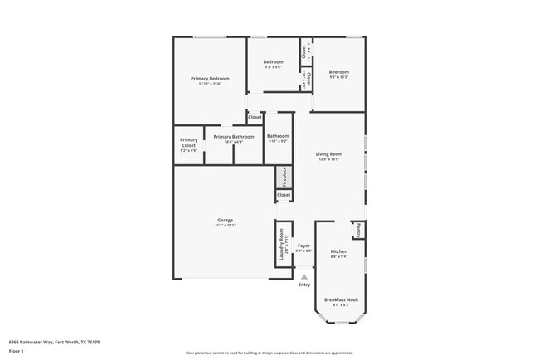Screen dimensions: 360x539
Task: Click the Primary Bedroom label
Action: click(x=209, y=78)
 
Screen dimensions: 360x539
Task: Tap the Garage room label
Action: click(x=220, y=219)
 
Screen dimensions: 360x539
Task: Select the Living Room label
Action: click(x=329, y=154)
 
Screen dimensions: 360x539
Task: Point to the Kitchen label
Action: click(x=339, y=251)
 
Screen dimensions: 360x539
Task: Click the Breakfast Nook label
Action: click(x=342, y=299)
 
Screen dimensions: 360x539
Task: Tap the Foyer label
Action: click(x=304, y=246)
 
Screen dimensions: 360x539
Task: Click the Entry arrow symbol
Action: click(x=304, y=277)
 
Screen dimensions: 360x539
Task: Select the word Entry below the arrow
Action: click(x=304, y=285)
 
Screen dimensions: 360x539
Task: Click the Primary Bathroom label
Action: click(x=234, y=137)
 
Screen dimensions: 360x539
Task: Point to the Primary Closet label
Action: click(x=189, y=142)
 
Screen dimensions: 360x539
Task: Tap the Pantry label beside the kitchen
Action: click(x=358, y=229)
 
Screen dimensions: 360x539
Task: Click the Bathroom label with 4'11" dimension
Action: click(x=278, y=136)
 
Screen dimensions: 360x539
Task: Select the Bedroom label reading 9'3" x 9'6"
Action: click(x=274, y=61)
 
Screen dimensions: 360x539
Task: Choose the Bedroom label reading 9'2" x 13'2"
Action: click(x=338, y=71)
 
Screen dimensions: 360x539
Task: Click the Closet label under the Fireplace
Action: click(x=284, y=195)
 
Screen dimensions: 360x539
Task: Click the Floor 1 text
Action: click(x=17, y=351)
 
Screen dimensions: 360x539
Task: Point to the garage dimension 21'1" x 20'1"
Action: click(x=220, y=225)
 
